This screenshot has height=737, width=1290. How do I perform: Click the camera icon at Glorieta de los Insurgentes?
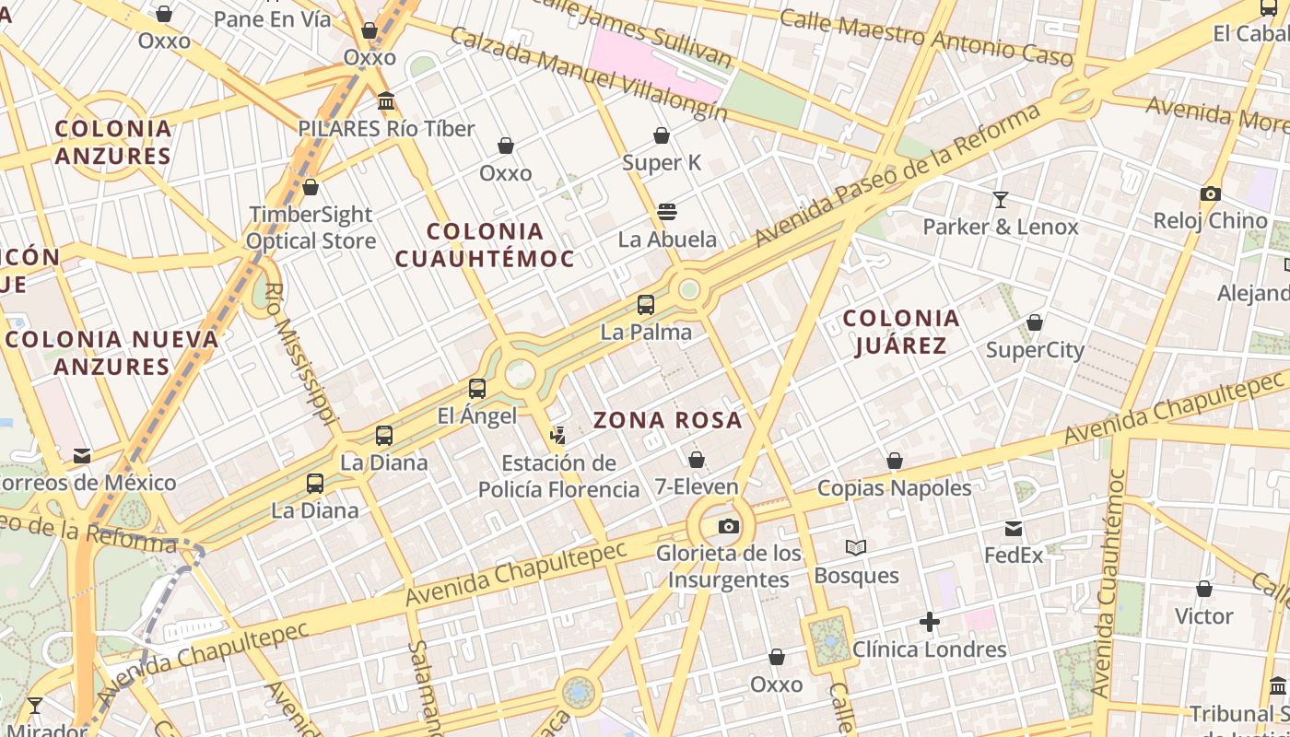pos(729,527)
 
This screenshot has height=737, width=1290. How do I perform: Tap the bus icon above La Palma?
pos(646,305)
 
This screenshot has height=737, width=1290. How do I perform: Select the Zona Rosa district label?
pos(667,421)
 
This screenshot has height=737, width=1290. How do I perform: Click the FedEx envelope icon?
pos(1014,529)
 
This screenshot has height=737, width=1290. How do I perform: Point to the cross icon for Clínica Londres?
pos(930,622)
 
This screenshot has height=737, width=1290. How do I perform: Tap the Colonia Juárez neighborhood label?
pos(900,332)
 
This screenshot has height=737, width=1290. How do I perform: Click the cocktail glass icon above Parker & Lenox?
pos(1000,199)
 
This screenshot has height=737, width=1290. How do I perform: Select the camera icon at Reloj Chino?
pos(1211,193)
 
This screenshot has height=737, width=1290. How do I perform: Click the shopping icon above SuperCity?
pos(1035,322)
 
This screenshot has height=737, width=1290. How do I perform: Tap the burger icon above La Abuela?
pos(667,212)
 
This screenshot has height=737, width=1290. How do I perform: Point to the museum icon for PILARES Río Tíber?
pos(386,100)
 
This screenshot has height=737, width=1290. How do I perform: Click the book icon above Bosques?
pos(856,548)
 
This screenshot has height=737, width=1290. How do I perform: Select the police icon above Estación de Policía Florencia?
pos(557,435)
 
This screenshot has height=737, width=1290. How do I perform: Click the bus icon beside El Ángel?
pos(477,389)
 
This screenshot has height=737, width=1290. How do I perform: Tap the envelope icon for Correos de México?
pos(82,455)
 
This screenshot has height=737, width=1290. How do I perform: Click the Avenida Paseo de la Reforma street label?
pos(897,175)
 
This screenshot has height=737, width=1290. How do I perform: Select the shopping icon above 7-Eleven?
pos(697,460)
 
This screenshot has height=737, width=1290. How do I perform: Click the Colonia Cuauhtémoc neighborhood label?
pos(485,244)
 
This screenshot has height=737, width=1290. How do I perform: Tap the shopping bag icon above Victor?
pos(1203,589)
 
